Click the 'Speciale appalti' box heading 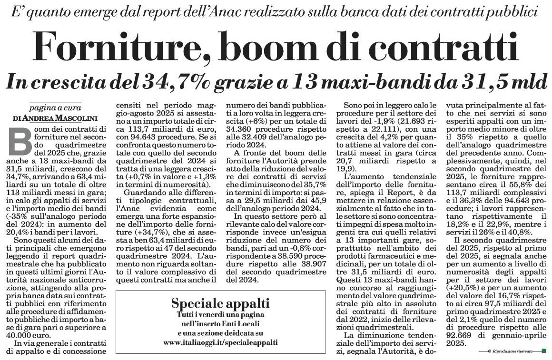220,303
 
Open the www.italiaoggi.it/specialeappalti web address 220,342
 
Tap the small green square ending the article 544,350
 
